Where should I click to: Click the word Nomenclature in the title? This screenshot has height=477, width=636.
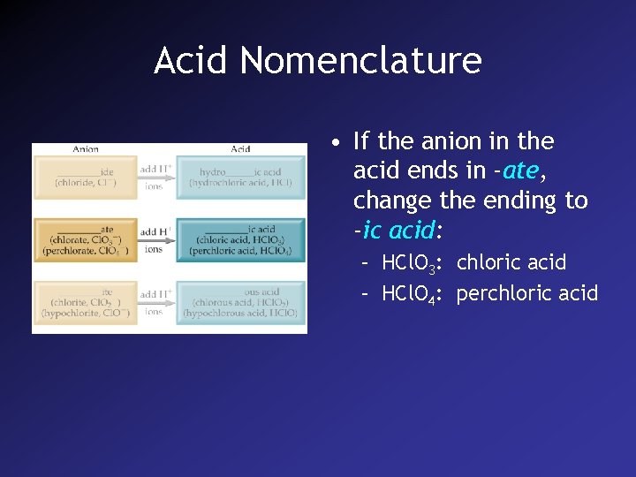(360, 61)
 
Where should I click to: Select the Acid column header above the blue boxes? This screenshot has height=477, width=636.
(240, 149)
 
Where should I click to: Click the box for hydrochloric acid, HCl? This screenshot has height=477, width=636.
(240, 177)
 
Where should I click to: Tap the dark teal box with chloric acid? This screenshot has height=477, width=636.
(240, 239)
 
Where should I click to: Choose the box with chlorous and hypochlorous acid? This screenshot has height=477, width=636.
(240, 302)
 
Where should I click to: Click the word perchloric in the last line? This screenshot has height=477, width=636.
(502, 293)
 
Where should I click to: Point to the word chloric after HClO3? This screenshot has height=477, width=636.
(486, 262)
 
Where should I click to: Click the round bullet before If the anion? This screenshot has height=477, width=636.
(338, 142)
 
